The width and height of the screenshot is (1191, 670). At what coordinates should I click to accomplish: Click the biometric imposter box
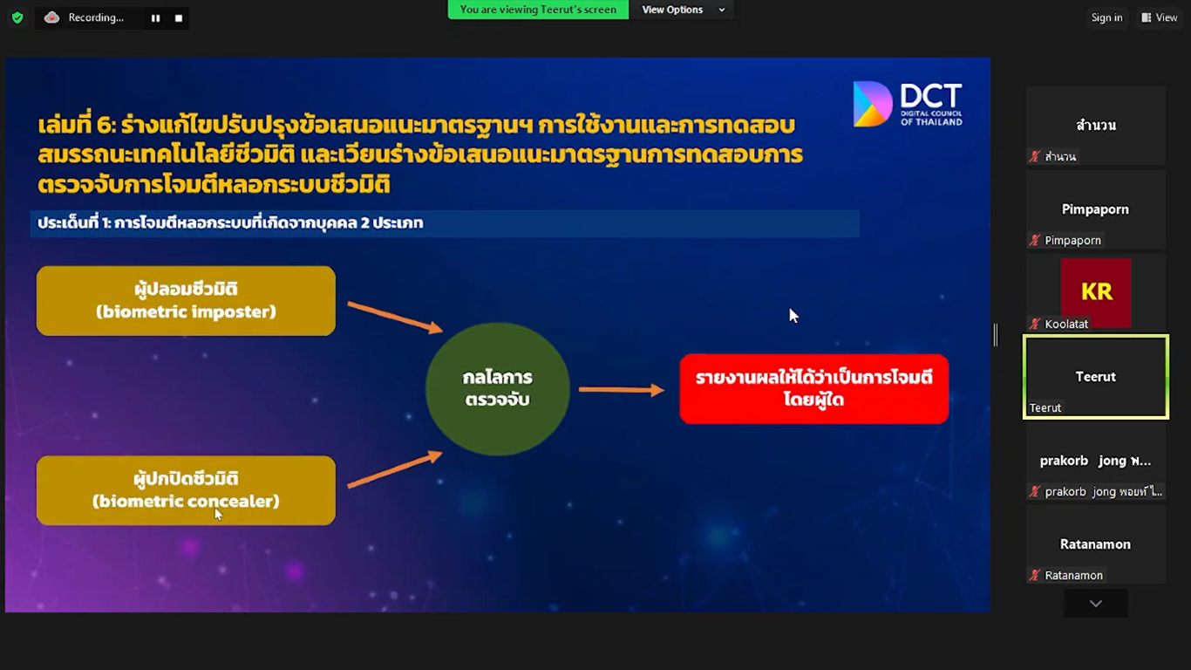coord(186,301)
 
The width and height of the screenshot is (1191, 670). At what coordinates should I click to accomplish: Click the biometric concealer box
coord(186,490)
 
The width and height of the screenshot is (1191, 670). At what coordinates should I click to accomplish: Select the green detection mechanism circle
coord(498,389)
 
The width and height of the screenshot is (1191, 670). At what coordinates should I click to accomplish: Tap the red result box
coord(814,389)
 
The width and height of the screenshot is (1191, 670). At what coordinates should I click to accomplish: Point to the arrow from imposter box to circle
coord(395,318)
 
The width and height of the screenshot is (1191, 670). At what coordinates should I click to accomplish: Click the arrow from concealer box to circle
coord(395,468)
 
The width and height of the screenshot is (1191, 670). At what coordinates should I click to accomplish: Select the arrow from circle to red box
coord(622,390)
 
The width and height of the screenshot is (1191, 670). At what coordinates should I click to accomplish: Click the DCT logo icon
coord(872,104)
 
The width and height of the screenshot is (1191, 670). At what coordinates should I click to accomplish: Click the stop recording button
coord(179,18)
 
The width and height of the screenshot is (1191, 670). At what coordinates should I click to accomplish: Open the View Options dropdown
coord(683,10)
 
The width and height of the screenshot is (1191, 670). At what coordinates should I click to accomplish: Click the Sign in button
coord(1107,17)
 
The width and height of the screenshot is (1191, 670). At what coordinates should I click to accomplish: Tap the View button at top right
coord(1160,17)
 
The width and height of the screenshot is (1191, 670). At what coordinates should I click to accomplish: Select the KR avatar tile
coord(1096,291)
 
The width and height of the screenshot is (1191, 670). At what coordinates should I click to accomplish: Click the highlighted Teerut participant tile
coord(1096,377)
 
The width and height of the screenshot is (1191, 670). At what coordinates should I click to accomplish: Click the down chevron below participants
coord(1096,604)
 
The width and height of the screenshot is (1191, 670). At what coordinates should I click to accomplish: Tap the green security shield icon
coord(17,18)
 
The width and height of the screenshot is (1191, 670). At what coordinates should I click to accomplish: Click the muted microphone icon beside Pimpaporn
coord(1035,240)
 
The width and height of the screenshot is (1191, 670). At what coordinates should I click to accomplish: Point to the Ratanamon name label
coord(1073,575)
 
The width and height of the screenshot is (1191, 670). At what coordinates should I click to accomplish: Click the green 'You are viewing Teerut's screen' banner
coord(538,10)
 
